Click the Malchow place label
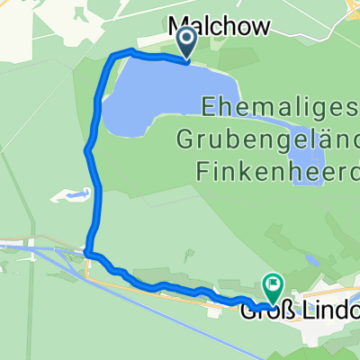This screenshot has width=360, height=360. point(220,28)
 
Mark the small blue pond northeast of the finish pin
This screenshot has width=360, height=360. point(310,260)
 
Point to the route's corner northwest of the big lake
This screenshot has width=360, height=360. point(112,57)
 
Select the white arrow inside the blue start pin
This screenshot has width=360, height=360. point(186,38)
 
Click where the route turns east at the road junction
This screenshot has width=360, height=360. point(90,255)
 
